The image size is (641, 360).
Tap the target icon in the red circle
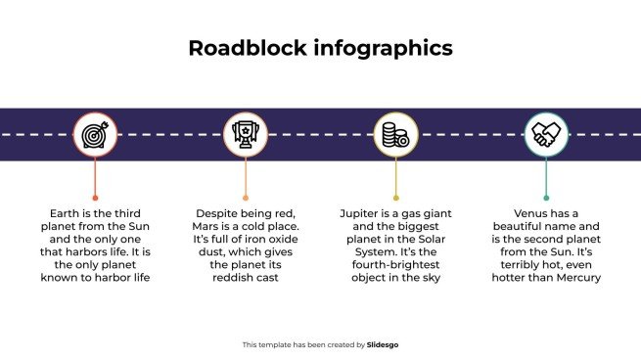click(95, 134)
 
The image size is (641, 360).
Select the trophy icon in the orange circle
click(245, 134)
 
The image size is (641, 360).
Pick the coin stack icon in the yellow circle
click(395, 134)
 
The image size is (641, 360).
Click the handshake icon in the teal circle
click(546, 134)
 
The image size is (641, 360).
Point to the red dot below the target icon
click(95, 198)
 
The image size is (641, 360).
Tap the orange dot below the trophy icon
click(245, 198)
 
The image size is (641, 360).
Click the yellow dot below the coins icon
click(395, 198)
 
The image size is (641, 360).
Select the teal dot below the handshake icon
click(546, 198)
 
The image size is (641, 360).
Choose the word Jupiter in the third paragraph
click(361, 212)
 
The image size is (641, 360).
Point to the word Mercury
click(577, 278)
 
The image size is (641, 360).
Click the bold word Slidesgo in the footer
click(383, 344)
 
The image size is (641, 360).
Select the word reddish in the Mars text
click(232, 278)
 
